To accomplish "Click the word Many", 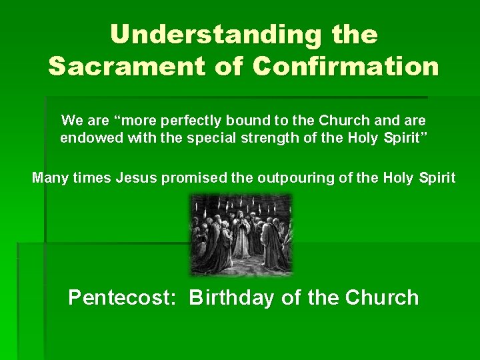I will pos(49,178).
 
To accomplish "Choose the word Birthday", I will pos(231,297).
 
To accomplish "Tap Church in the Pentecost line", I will pos(382,297).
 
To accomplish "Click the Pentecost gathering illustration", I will pos(241,235).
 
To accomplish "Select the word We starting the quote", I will pos(72,121).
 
